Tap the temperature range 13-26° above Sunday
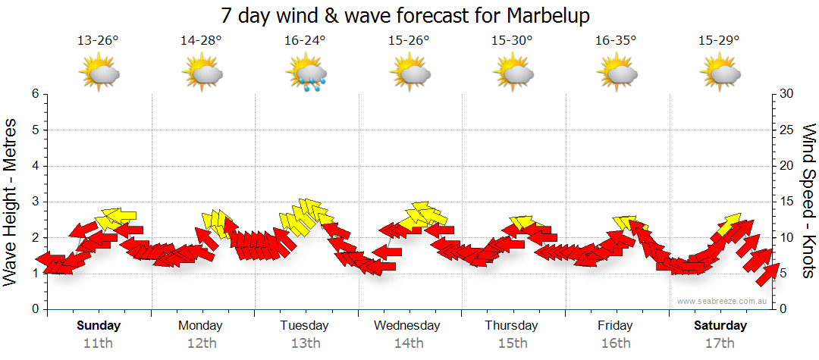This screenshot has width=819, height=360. [x=99, y=41]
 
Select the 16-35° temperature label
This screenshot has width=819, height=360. [x=614, y=41]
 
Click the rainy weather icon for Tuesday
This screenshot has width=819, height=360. [x=306, y=73]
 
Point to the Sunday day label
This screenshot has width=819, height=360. [x=99, y=326]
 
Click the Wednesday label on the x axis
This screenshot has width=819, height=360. [x=407, y=326]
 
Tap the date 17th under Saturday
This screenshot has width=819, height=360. [x=720, y=343]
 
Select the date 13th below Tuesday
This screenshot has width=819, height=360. [x=305, y=343]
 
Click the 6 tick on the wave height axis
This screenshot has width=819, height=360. [x=35, y=94]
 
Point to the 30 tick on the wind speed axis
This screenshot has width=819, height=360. [x=786, y=94]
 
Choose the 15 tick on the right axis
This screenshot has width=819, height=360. [x=786, y=202]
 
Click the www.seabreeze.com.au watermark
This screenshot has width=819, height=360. [x=723, y=301]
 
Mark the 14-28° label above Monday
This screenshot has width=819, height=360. [x=202, y=41]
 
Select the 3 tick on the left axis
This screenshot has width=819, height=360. [x=35, y=202]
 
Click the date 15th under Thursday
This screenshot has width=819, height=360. [x=512, y=343]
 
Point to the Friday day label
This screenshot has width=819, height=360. [x=615, y=326]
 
